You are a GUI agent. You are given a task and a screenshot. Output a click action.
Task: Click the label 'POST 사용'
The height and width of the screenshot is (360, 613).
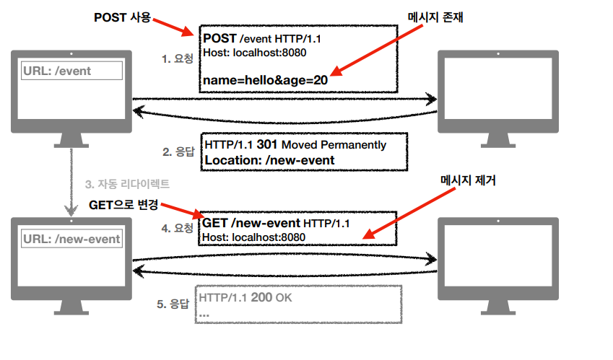pyautogui.click(x=122, y=17)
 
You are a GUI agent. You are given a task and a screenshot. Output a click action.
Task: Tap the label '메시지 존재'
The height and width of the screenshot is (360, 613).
pyautogui.click(x=435, y=17)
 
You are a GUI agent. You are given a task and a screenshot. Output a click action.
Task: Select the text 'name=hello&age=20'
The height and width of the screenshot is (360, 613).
pyautogui.click(x=266, y=80)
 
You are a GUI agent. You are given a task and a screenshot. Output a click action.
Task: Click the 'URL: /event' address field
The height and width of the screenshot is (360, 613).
pyautogui.click(x=71, y=70)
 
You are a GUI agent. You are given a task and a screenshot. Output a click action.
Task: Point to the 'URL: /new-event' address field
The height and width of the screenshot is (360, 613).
pyautogui.click(x=71, y=239)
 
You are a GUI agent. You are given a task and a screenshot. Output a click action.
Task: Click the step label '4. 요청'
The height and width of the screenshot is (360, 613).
pyautogui.click(x=177, y=228)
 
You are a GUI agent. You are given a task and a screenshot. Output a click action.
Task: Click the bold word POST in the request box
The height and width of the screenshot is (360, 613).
pyautogui.click(x=219, y=38)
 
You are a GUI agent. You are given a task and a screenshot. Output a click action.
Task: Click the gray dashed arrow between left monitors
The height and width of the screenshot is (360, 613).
pyautogui.click(x=71, y=182)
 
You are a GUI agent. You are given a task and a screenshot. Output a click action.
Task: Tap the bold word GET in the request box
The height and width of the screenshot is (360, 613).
pyautogui.click(x=214, y=222)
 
